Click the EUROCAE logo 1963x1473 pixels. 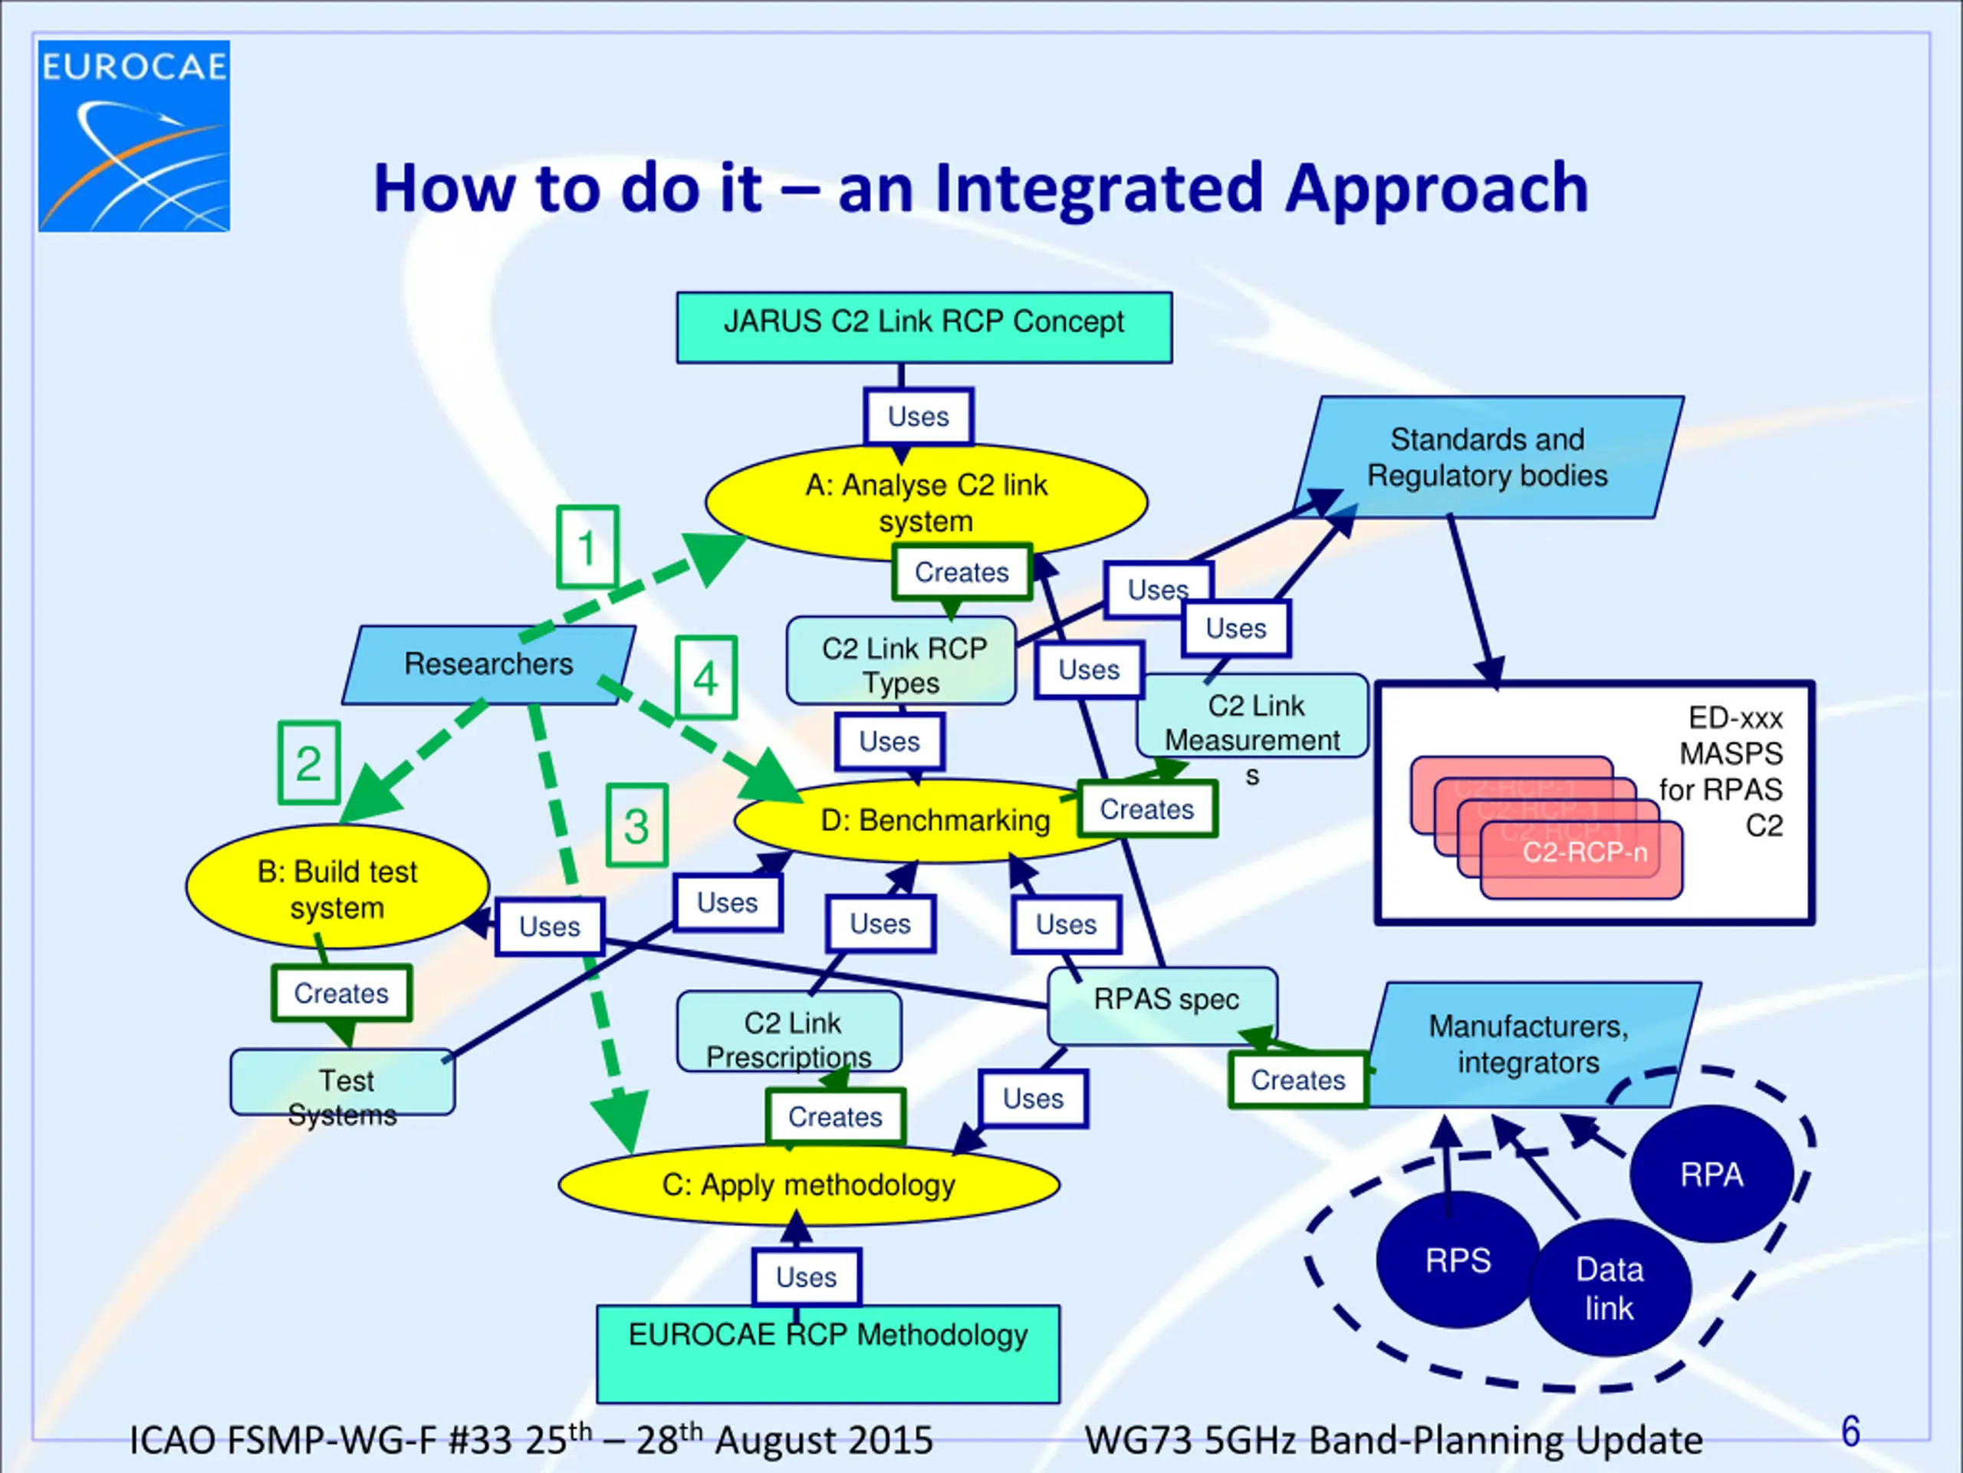[x=134, y=135]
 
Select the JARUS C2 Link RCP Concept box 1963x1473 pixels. [x=924, y=327]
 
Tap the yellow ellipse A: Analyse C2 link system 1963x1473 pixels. [x=926, y=503]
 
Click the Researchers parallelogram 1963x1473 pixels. [x=488, y=664]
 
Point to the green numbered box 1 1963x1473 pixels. [x=587, y=547]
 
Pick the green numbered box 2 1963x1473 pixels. [x=309, y=763]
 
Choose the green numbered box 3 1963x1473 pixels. [x=636, y=825]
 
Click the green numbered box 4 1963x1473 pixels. [x=705, y=678]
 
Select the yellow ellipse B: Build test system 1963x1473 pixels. [x=337, y=888]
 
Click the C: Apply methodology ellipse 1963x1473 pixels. [x=808, y=1185]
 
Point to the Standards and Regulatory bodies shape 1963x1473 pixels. [x=1488, y=457]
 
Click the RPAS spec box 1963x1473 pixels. [x=1164, y=1001]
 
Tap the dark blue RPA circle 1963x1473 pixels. [x=1711, y=1174]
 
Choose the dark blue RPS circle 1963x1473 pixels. [x=1457, y=1260]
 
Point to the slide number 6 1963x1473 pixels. [x=1850, y=1432]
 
